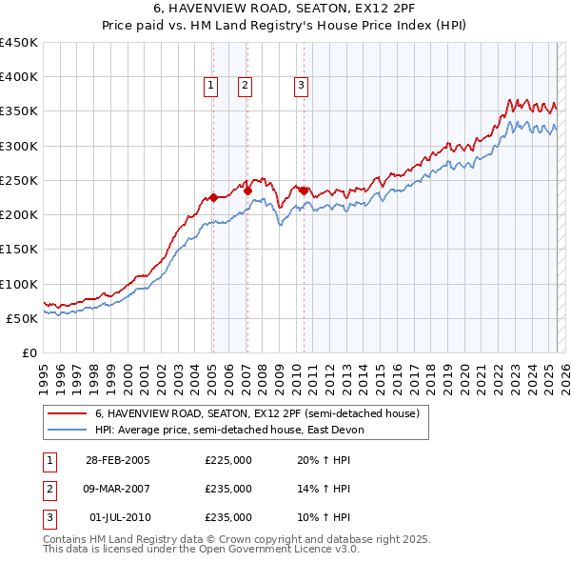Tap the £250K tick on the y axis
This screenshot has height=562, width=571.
pyautogui.click(x=19, y=180)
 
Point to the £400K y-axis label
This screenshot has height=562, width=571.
pyautogui.click(x=19, y=77)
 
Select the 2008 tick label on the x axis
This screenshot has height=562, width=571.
pyautogui.click(x=262, y=371)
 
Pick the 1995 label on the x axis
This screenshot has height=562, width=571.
pyautogui.click(x=43, y=371)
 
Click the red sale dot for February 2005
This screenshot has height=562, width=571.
pyautogui.click(x=213, y=197)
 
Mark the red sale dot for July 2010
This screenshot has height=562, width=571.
pyautogui.click(x=304, y=191)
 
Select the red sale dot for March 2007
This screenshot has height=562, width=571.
pyautogui.click(x=247, y=191)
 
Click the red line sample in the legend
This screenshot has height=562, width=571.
pyautogui.click(x=68, y=414)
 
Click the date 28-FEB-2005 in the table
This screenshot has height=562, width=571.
pyautogui.click(x=117, y=460)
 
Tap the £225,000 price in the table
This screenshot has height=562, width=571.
pyautogui.click(x=228, y=460)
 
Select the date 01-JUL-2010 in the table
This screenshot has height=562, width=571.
pyautogui.click(x=119, y=517)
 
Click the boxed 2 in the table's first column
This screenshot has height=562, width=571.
pyautogui.click(x=49, y=489)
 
